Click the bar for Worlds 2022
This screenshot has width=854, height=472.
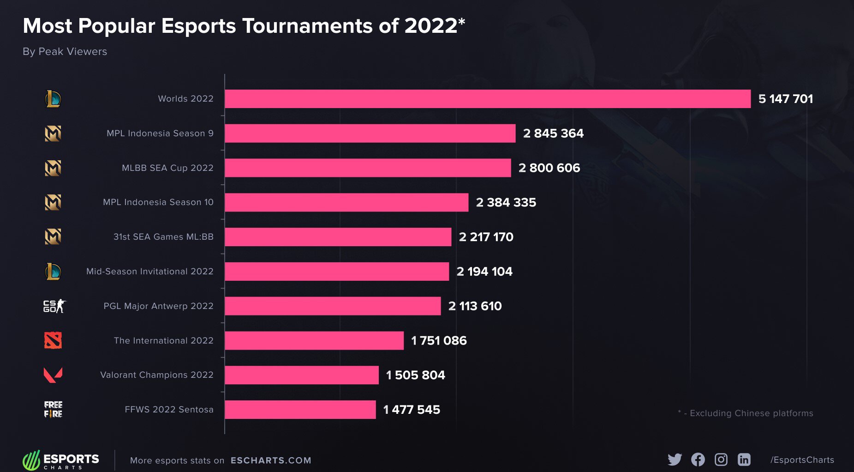tap(488, 99)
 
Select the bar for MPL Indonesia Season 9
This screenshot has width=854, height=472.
tap(370, 133)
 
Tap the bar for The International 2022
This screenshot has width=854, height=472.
tap(314, 340)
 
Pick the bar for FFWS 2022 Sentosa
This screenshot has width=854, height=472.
tap(300, 410)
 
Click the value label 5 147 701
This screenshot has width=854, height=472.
tap(785, 99)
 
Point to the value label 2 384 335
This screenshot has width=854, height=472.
tap(506, 202)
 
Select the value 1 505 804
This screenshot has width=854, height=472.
tap(415, 375)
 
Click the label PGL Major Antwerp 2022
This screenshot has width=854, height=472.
tap(158, 306)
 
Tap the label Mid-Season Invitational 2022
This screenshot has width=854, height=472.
tap(149, 271)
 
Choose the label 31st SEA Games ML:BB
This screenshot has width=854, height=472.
tap(163, 237)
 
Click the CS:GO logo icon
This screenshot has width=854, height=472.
tap(54, 306)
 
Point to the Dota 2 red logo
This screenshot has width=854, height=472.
tap(53, 340)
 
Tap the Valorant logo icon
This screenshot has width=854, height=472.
tap(53, 375)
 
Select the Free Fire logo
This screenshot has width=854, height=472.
tap(53, 409)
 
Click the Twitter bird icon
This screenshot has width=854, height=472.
tap(675, 460)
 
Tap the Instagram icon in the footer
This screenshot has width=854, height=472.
tap(721, 460)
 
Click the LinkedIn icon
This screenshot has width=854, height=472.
tap(744, 460)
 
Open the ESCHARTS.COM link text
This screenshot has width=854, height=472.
tap(271, 460)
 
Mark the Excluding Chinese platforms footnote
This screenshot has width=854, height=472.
tap(746, 413)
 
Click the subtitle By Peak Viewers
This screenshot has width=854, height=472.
tap(65, 52)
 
